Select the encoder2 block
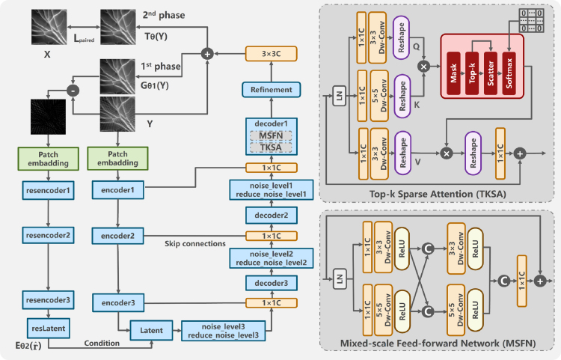[x=117, y=236]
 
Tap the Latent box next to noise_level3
[x=150, y=328]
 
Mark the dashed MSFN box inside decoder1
[x=272, y=135]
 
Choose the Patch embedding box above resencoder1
[x=48, y=158]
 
